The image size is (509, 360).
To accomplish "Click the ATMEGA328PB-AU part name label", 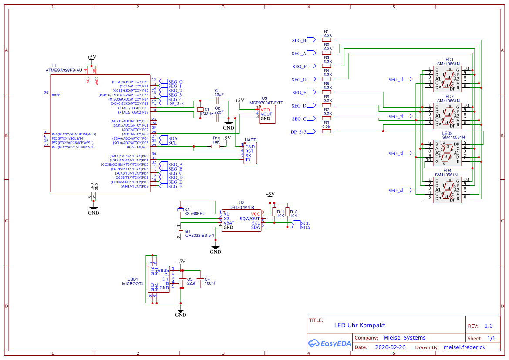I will [64, 70].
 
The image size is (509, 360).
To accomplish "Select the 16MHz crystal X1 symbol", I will [200, 110].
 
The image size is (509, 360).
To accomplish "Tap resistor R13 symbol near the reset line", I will [216, 147].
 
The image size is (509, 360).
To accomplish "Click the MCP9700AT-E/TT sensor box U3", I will [270, 114].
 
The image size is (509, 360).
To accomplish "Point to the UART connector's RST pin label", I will [249, 151].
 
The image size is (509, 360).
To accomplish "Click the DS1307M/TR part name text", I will [242, 208].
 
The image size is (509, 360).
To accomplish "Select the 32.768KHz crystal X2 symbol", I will [181, 210].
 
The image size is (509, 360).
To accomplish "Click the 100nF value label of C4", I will [210, 283].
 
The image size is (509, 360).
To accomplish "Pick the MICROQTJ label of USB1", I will [132, 284].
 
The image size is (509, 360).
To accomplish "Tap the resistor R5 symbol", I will [326, 92].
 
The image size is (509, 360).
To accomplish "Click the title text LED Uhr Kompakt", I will [359, 325].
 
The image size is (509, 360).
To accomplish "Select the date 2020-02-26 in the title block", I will [390, 347].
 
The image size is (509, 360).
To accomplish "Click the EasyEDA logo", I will [329, 343].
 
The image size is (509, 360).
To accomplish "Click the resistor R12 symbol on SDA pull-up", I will [287, 212].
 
